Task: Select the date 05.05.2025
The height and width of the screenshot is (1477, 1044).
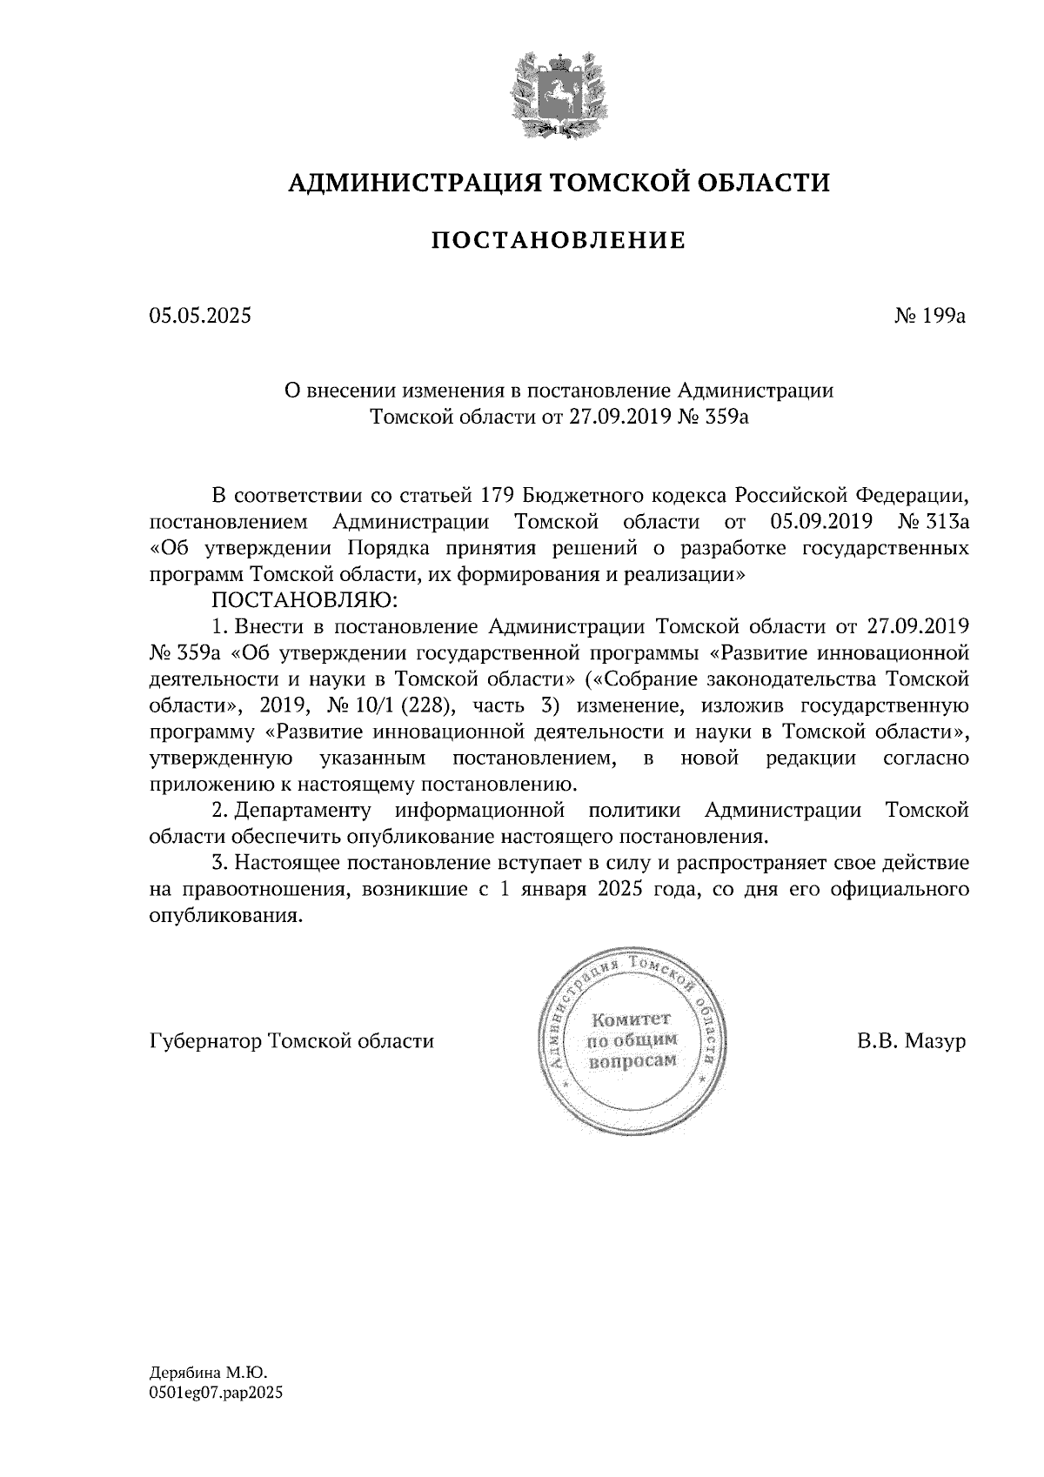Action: (200, 316)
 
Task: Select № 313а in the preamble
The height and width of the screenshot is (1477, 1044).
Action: (932, 523)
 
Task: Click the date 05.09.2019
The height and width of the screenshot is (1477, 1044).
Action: (821, 523)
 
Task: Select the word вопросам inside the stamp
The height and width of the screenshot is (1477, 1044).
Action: (632, 1061)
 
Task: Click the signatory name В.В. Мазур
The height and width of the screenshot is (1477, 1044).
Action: (911, 1041)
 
